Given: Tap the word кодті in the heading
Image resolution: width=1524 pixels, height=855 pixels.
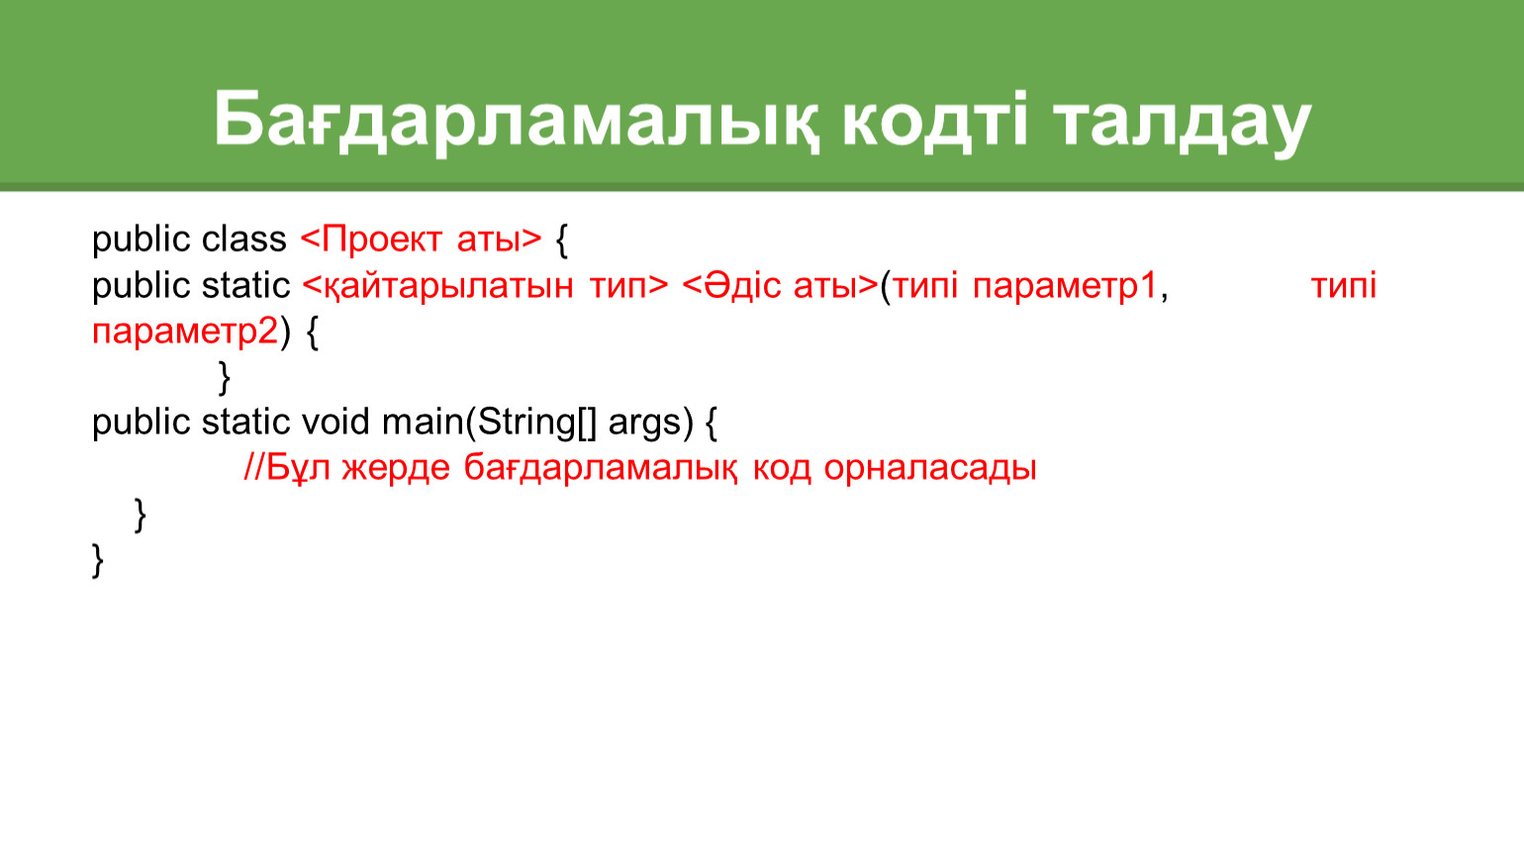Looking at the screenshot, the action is (935, 119).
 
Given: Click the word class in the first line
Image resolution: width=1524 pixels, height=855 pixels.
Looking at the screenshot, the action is (243, 239).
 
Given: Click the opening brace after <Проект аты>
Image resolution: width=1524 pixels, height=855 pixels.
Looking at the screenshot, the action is (562, 240).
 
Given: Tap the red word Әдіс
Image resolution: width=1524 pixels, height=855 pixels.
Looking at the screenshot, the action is (730, 284).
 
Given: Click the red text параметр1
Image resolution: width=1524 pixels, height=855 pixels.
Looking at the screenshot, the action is (1065, 286).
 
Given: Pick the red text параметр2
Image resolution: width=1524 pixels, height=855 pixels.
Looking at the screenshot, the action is (185, 332).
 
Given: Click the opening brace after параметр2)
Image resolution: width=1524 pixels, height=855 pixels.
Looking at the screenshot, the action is (313, 332).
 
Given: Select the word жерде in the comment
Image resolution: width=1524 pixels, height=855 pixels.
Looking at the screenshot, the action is (396, 469).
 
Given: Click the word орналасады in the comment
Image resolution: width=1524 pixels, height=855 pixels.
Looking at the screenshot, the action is (930, 469).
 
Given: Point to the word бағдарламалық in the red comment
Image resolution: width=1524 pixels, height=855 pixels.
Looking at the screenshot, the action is (600, 469).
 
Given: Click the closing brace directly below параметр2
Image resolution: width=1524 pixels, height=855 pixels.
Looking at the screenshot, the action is (224, 378).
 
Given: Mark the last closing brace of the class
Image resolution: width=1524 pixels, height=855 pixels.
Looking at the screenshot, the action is (98, 560).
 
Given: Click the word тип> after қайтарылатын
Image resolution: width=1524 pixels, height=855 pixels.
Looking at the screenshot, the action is (628, 286).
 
